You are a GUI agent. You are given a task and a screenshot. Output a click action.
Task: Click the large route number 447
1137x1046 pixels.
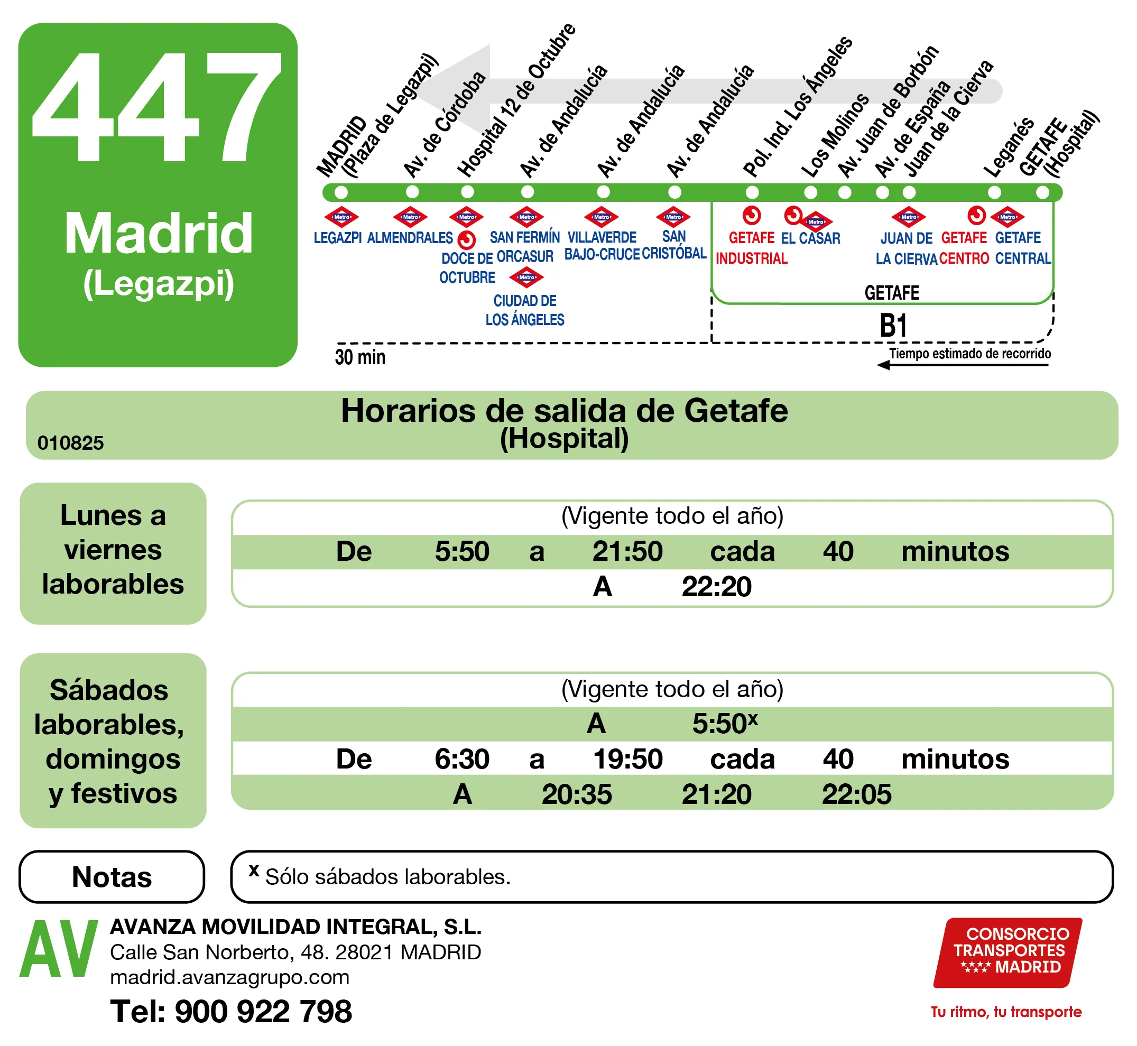pyautogui.click(x=157, y=107)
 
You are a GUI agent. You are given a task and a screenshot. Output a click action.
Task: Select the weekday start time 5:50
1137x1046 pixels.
pyautogui.click(x=462, y=552)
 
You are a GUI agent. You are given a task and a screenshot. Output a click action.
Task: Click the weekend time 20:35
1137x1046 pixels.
pyautogui.click(x=576, y=795)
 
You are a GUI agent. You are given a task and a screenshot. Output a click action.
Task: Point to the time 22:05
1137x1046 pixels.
pyautogui.click(x=856, y=795)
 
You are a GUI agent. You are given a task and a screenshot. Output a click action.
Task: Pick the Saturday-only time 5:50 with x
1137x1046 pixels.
pyautogui.click(x=724, y=724)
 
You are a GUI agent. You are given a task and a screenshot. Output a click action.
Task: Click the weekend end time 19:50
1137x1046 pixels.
pyautogui.click(x=627, y=760)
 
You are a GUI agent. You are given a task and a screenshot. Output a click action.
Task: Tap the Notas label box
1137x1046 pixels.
pyautogui.click(x=112, y=877)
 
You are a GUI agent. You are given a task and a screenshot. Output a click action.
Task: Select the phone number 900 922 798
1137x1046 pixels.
pyautogui.click(x=263, y=1012)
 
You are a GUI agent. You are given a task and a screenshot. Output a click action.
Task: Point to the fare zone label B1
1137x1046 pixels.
pyautogui.click(x=893, y=327)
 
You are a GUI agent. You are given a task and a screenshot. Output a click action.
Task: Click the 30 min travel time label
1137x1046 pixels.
pyautogui.click(x=360, y=358)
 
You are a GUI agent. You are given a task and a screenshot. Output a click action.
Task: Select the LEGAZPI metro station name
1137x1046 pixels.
pyautogui.click(x=338, y=238)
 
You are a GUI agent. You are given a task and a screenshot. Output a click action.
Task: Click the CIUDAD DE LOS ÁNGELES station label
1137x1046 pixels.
pyautogui.click(x=525, y=310)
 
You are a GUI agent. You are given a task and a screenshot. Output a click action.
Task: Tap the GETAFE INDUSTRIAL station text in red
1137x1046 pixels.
pyautogui.click(x=752, y=248)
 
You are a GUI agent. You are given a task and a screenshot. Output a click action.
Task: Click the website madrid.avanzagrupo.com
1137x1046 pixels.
pyautogui.click(x=230, y=977)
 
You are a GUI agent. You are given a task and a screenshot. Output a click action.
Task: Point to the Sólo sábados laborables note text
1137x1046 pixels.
pyautogui.click(x=387, y=877)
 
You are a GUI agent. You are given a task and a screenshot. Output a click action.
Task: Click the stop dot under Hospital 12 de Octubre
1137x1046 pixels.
pyautogui.click(x=467, y=192)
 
